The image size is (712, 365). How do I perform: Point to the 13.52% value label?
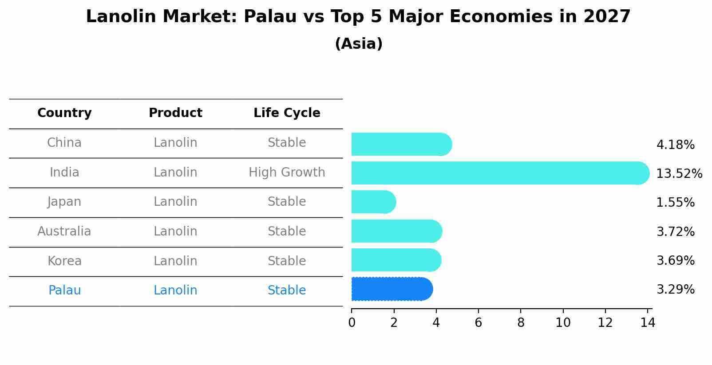[679, 173]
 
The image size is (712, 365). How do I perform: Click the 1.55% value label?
[675, 202]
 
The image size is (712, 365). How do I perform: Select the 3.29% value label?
[675, 289]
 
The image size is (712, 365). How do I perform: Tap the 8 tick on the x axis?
[521, 322]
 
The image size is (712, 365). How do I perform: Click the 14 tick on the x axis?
[648, 322]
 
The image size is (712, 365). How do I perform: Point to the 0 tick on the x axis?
[352, 322]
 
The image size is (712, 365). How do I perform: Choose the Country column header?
[64, 113]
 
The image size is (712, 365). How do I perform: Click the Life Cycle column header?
[287, 113]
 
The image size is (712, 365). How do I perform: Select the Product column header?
[175, 113]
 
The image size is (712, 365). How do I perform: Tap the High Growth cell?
[287, 172]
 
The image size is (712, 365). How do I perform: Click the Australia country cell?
[64, 231]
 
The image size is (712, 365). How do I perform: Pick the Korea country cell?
[64, 261]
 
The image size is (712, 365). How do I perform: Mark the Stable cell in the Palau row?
[287, 290]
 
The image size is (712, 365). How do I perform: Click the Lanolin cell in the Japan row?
[175, 202]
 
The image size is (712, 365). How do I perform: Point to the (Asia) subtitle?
[359, 44]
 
